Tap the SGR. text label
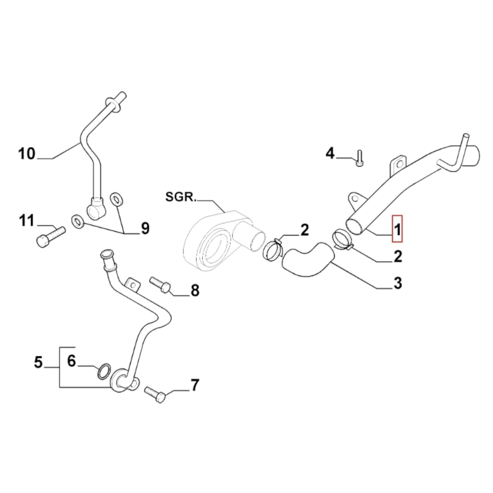tap(180, 196)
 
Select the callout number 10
tap(27, 154)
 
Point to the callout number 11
tap(27, 221)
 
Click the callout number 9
tap(144, 229)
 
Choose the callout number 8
tap(195, 290)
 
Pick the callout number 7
tap(194, 385)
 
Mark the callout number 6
tap(71, 361)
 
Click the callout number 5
tap(39, 362)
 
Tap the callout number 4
tap(330, 154)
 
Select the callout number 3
tap(398, 283)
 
